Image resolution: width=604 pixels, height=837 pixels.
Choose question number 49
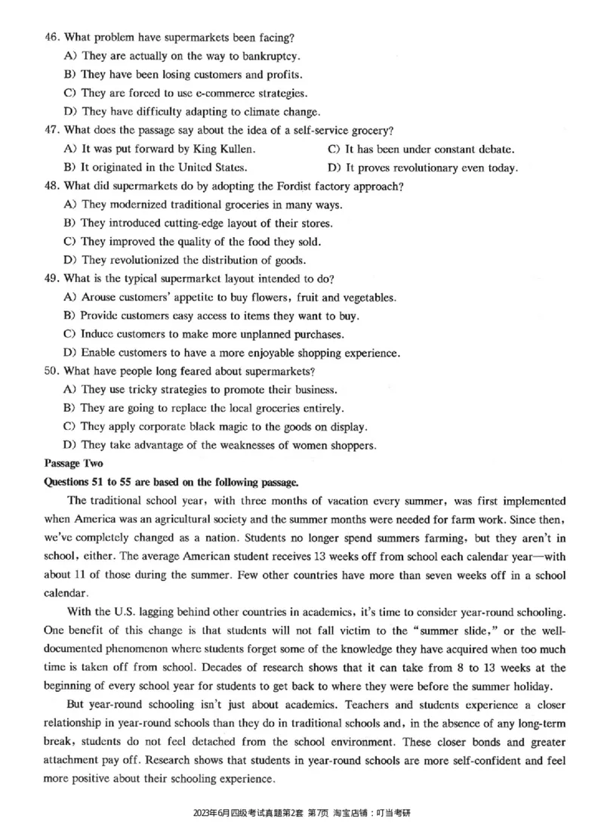coord(52,279)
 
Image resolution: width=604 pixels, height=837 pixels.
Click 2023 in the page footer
coord(202,813)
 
